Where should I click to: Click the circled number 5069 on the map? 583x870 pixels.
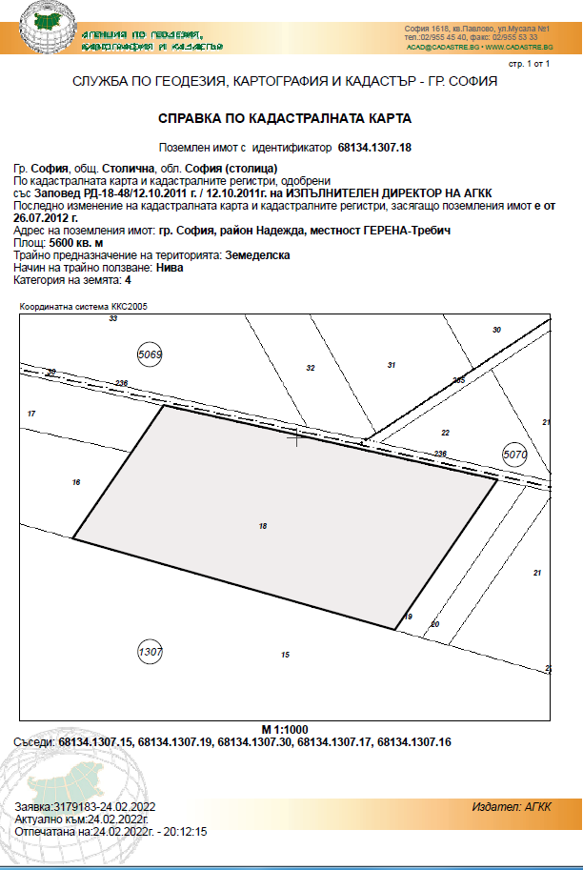pyautogui.click(x=151, y=354)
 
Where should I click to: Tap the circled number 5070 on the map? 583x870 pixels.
pyautogui.click(x=514, y=455)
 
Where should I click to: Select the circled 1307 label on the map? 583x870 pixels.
pyautogui.click(x=151, y=652)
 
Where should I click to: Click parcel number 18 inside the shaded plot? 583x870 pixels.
pyautogui.click(x=263, y=525)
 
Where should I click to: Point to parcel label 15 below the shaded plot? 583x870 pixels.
pyautogui.click(x=284, y=655)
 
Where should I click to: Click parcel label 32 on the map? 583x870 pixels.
pyautogui.click(x=310, y=367)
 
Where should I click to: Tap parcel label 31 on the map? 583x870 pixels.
pyautogui.click(x=391, y=365)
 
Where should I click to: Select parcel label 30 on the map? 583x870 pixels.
pyautogui.click(x=495, y=330)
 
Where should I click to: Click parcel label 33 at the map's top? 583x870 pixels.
pyautogui.click(x=112, y=318)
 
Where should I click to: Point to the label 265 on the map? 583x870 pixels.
pyautogui.click(x=458, y=380)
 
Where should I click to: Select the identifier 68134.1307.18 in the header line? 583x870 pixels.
pyautogui.click(x=374, y=149)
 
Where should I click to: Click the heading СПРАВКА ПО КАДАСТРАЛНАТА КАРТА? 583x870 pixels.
pyautogui.click(x=284, y=120)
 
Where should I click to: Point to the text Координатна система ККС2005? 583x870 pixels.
pyautogui.click(x=84, y=306)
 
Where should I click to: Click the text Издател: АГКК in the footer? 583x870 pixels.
pyautogui.click(x=511, y=806)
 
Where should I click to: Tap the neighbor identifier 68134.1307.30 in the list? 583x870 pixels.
pyautogui.click(x=257, y=741)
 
